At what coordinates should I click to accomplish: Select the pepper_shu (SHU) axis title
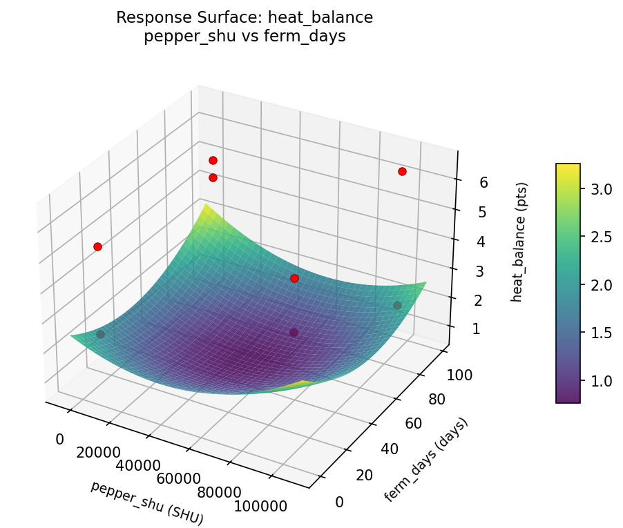pyautogui.click(x=147, y=502)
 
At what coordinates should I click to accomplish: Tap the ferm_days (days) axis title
pyautogui.click(x=425, y=460)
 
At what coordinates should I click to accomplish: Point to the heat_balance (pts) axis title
pyautogui.click(x=523, y=242)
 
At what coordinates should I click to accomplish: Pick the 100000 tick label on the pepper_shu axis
pyautogui.click(x=261, y=506)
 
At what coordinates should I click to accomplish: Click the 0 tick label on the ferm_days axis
pyautogui.click(x=338, y=502)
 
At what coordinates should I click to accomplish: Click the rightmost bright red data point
pyautogui.click(x=402, y=171)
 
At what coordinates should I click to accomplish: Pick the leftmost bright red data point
pyautogui.click(x=97, y=246)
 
